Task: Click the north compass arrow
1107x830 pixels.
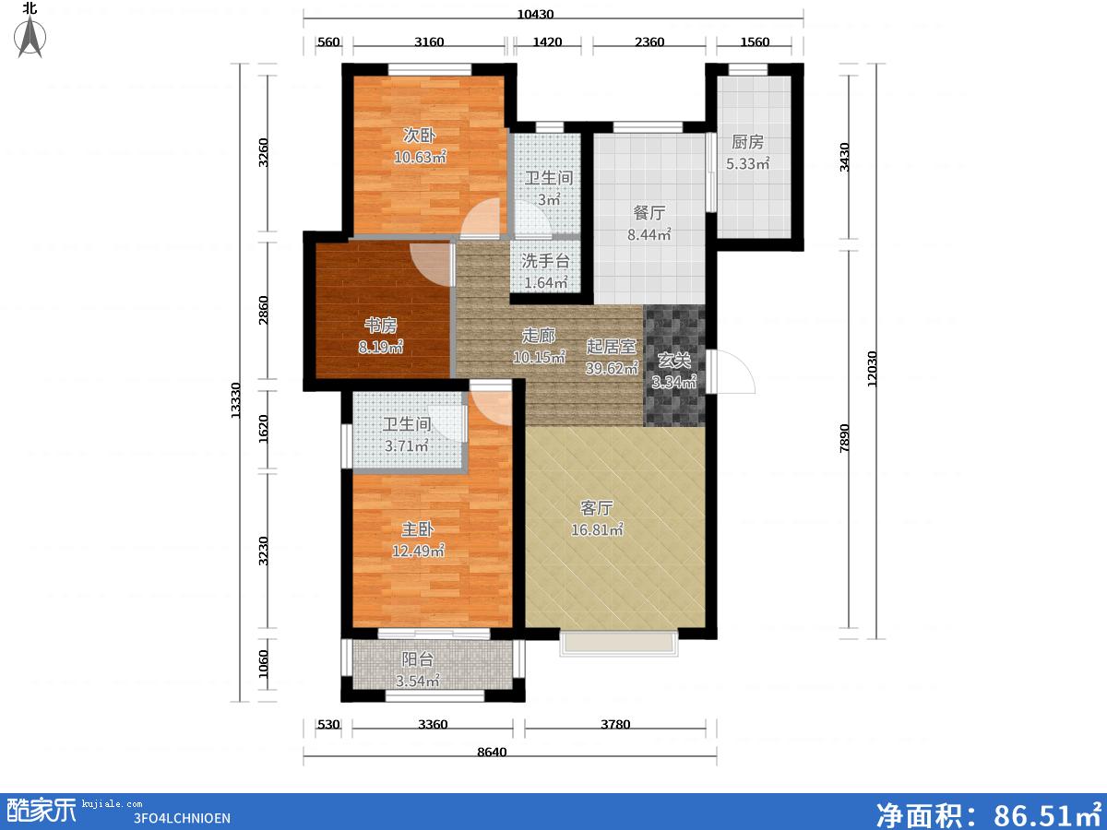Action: click(x=30, y=36)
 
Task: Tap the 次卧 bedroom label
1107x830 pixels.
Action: click(x=419, y=135)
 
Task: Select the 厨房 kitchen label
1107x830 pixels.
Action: click(x=747, y=142)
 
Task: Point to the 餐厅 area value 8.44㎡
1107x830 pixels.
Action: click(x=649, y=234)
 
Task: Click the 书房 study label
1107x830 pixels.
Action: click(x=381, y=326)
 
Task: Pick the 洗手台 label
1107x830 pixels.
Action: click(x=546, y=261)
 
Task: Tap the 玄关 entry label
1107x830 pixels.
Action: click(x=674, y=361)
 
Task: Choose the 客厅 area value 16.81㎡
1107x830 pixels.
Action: click(x=597, y=529)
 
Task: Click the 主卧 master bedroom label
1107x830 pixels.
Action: click(x=418, y=528)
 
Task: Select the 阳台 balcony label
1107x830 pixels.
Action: click(x=418, y=659)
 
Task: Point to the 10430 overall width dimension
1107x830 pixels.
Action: click(x=535, y=14)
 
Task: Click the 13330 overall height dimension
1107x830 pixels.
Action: click(x=235, y=400)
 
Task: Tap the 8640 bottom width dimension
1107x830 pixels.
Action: click(x=492, y=752)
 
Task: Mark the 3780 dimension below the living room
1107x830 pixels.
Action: click(x=615, y=724)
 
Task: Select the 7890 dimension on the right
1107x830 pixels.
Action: click(x=844, y=438)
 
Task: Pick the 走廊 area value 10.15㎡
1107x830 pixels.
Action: click(x=539, y=357)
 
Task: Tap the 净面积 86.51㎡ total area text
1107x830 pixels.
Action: click(x=989, y=813)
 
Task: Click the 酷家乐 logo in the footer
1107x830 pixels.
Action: click(x=42, y=811)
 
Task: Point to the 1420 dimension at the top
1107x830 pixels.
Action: click(x=547, y=41)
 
